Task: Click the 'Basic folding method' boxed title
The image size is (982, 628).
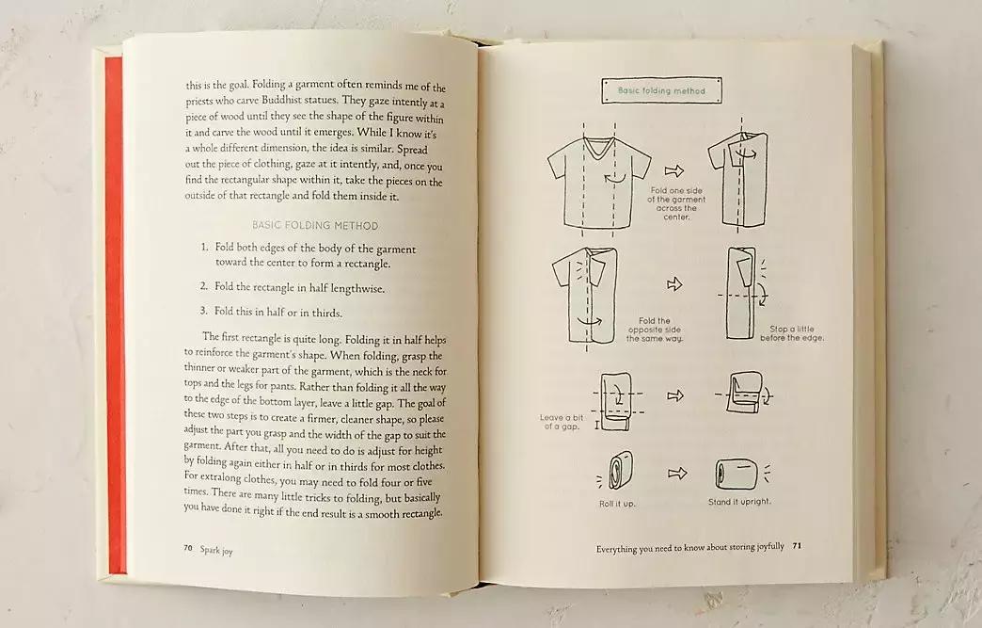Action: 661,90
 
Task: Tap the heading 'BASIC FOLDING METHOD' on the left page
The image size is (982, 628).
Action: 315,225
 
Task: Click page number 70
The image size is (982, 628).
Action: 188,548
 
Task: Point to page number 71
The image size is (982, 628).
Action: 797,545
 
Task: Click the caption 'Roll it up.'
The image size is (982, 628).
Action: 617,504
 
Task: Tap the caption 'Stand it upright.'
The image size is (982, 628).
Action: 739,502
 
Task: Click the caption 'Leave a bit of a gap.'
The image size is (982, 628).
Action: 562,422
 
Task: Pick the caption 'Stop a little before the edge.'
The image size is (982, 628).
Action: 792,332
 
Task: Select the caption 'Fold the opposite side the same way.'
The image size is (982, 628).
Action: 655,330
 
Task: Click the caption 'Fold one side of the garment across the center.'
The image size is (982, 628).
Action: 676,203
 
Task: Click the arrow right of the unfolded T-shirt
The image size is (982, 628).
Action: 673,170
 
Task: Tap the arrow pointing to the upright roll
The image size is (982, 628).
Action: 677,473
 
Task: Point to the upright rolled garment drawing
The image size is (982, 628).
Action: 736,475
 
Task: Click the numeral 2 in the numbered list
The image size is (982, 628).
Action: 204,286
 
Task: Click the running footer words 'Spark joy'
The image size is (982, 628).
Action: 216,550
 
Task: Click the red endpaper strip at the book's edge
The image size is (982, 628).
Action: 115,314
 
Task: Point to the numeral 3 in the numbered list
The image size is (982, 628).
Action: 203,311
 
